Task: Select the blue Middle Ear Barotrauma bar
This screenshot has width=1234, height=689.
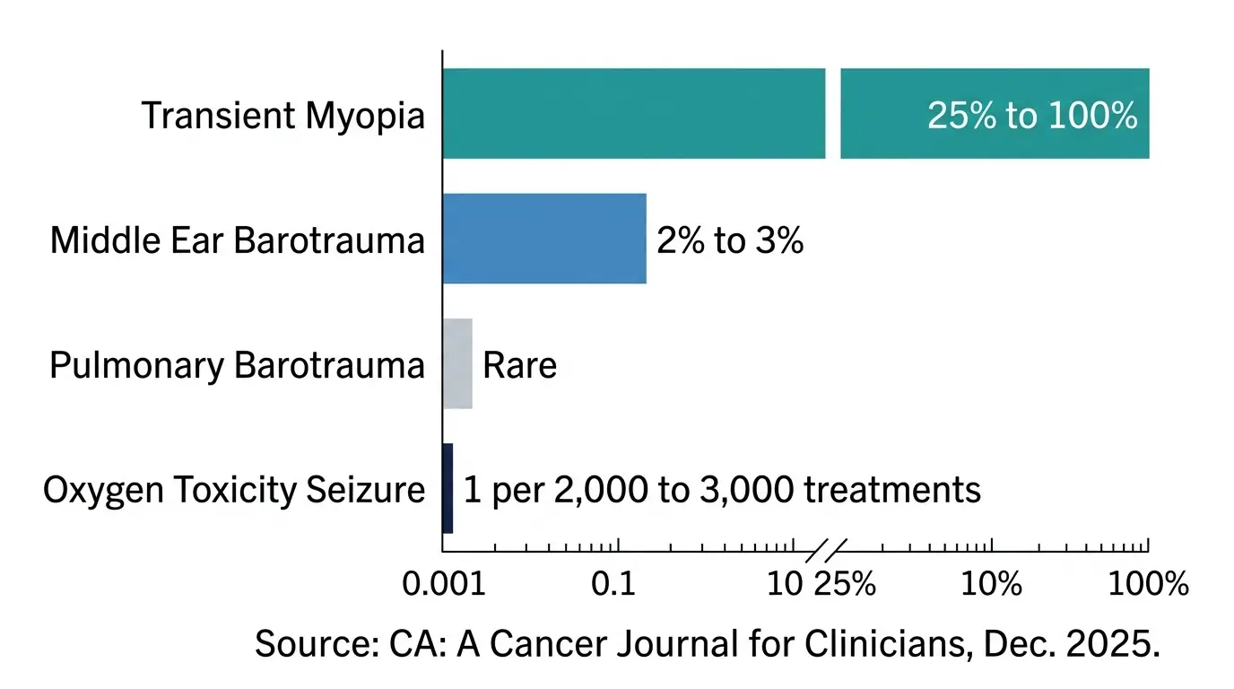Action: point(544,239)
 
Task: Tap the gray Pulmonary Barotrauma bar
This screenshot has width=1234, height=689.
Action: point(457,364)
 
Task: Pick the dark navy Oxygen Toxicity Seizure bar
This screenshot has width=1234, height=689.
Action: point(448,489)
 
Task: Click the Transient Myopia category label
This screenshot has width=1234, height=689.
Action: point(283,117)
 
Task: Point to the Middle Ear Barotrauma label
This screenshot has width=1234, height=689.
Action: point(238,241)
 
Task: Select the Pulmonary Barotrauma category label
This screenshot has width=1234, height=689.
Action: point(237,366)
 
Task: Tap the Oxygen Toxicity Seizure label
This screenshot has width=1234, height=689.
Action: point(234,491)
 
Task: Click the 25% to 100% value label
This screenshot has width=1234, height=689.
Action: point(1032,116)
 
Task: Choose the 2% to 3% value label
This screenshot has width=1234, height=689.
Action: point(730,241)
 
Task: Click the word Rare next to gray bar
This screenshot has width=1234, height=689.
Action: point(519,366)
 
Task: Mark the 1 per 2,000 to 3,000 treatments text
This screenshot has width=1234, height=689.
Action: point(722,491)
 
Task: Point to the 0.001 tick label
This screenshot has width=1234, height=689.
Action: point(444,585)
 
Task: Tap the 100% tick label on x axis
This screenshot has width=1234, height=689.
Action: point(1147,585)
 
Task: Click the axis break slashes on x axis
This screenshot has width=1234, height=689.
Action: point(825,551)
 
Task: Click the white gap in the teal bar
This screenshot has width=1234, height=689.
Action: point(833,114)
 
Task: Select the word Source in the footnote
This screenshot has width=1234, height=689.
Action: point(305,644)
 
